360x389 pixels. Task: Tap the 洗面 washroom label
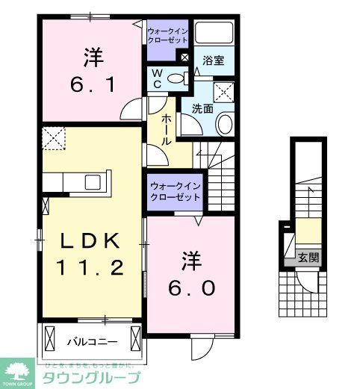click(x=202, y=108)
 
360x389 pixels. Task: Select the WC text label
click(x=158, y=78)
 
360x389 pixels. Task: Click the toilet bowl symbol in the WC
click(x=177, y=78)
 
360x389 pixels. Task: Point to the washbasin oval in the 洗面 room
click(x=223, y=123)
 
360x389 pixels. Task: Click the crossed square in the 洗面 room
click(x=223, y=93)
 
